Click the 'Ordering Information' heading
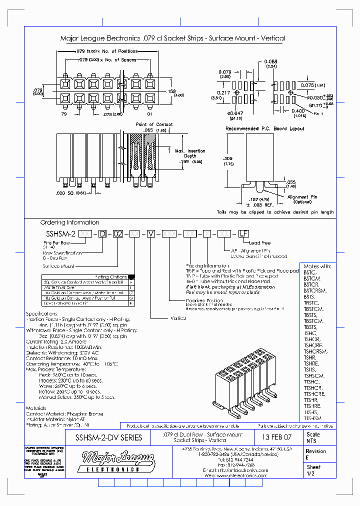tap(70, 222)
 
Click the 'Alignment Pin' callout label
tap(302, 197)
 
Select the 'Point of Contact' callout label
tap(154, 124)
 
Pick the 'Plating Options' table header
tap(110, 276)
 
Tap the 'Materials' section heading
tap(37, 408)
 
